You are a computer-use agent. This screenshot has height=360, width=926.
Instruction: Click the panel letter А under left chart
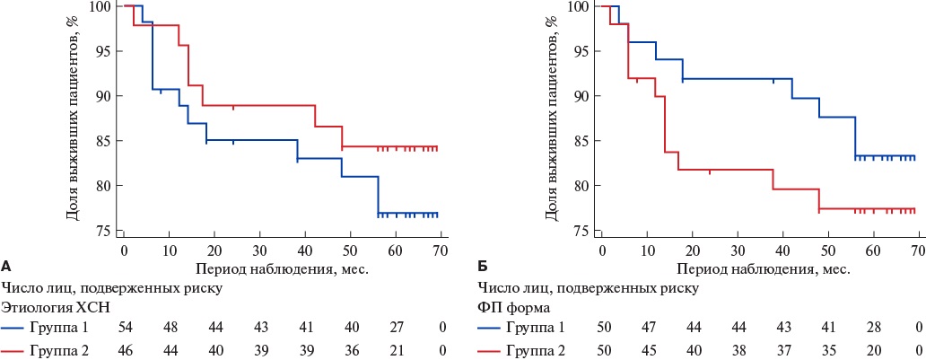(x=6, y=267)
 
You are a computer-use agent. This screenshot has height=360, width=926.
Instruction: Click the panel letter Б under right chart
(x=484, y=267)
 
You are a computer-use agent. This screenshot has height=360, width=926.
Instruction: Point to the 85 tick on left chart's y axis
(x=106, y=141)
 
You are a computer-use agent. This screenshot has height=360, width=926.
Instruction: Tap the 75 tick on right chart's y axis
(x=583, y=231)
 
